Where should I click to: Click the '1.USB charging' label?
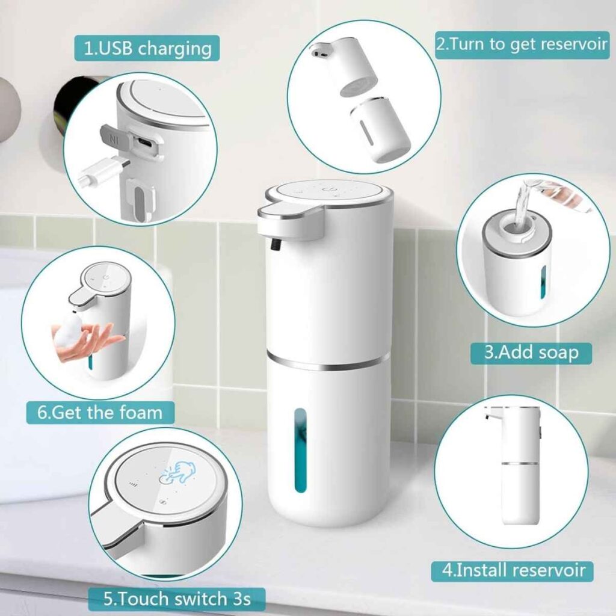(x=147, y=48)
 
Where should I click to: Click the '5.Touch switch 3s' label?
(x=177, y=599)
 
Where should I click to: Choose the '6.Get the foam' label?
(x=100, y=413)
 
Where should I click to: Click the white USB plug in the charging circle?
(x=100, y=171)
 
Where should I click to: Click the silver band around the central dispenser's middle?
(x=328, y=362)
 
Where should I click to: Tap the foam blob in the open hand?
(x=69, y=335)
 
